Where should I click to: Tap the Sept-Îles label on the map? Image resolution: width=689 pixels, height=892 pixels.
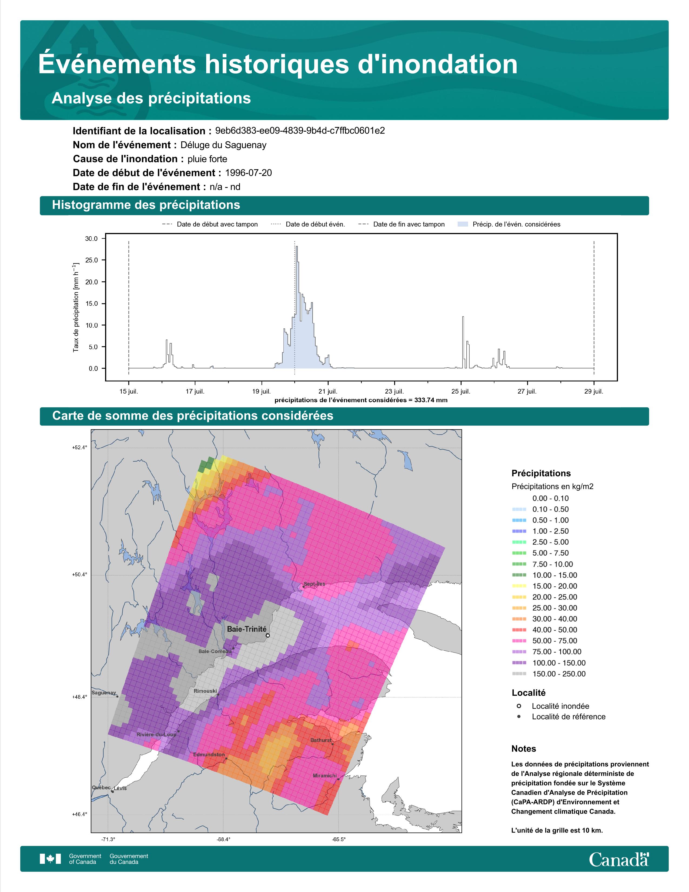pos(314,584)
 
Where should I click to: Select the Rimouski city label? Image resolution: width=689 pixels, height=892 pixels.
pos(205,691)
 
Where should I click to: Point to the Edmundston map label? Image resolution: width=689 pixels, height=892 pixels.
pos(209,754)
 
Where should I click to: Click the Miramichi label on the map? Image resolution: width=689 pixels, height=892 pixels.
pos(325,775)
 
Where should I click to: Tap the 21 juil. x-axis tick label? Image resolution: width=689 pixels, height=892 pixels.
pos(328,391)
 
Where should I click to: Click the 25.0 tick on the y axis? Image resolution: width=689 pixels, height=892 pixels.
pos(91,260)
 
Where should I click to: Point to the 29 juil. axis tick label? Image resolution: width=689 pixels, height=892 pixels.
pos(594,391)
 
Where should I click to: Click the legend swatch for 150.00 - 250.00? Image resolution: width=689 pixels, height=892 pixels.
pos(519,674)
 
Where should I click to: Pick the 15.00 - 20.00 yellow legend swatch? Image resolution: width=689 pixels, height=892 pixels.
pos(519,586)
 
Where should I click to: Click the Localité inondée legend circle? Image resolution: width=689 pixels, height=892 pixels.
pos(519,706)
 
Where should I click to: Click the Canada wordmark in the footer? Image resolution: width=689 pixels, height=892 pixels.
pos(619,859)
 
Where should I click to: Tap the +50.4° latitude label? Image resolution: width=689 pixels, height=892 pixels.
pos(80,575)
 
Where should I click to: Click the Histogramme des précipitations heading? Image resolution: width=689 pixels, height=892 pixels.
pos(146,205)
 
